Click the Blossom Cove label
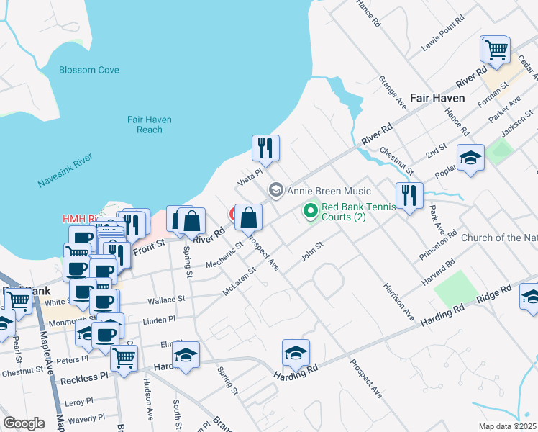coord(89,71)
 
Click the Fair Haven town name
coord(437,97)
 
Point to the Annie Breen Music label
coord(329,191)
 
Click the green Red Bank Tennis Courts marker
coord(311,211)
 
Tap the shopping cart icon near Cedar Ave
coord(495,50)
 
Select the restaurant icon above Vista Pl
coord(265,148)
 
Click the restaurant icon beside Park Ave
coord(409,195)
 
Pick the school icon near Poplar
coord(471,157)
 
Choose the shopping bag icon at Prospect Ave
coord(248,217)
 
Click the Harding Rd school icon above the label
coord(296,353)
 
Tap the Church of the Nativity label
coord(498,238)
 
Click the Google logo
coord(24,423)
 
